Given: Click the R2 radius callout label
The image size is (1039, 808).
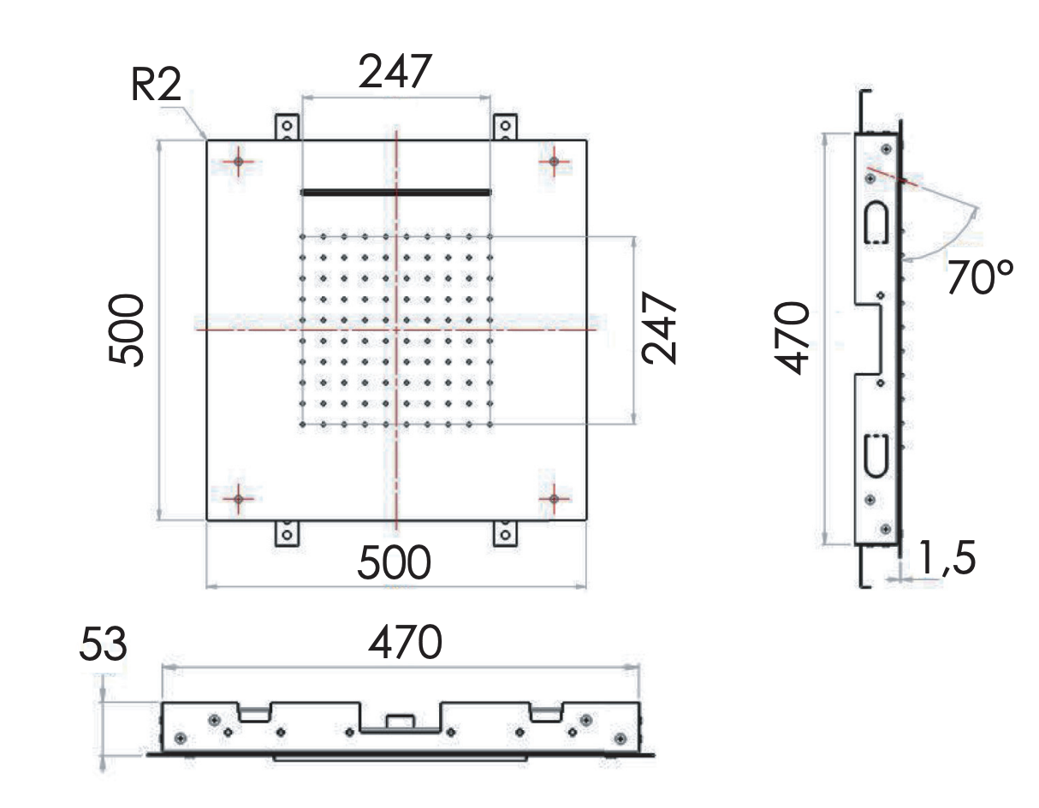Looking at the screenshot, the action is pyautogui.click(x=156, y=85).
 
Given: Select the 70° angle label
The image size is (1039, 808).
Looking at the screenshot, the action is pyautogui.click(x=980, y=276).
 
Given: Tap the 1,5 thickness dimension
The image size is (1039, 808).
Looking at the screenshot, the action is pyautogui.click(x=947, y=557).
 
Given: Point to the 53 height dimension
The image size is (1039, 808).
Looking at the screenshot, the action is pyautogui.click(x=104, y=644).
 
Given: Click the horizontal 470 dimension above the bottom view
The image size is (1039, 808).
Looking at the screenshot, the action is pyautogui.click(x=405, y=642).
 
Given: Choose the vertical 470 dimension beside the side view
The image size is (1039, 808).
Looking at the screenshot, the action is pyautogui.click(x=792, y=338).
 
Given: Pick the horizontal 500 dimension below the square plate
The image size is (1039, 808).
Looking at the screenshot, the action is pyautogui.click(x=394, y=562).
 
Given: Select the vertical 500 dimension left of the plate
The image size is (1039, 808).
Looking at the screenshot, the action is pyautogui.click(x=126, y=330).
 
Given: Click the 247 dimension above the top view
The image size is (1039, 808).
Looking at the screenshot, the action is pyautogui.click(x=395, y=71).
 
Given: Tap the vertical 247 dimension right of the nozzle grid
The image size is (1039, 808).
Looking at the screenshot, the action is pyautogui.click(x=659, y=329).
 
